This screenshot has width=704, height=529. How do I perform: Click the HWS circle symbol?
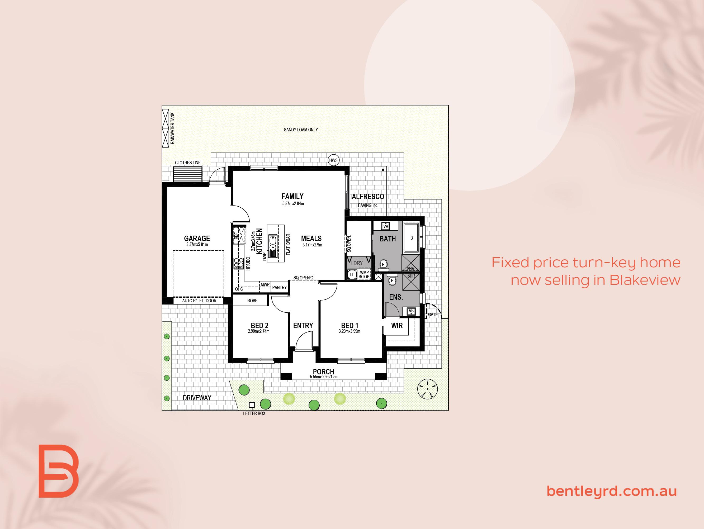point(333,160)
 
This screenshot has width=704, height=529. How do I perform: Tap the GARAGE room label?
point(197,238)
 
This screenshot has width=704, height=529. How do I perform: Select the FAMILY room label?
point(292,196)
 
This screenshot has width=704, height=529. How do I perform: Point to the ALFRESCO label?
point(368,197)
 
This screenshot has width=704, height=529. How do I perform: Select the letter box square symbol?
point(252,405)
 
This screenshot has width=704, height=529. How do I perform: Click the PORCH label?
point(323,371)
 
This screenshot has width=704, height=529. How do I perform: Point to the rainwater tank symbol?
point(166,128)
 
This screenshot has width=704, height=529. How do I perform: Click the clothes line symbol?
point(188,174)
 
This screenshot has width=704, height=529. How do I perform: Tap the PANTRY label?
point(280,288)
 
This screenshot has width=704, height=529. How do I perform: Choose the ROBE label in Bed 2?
point(252,301)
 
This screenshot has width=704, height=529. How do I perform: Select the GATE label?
point(433,314)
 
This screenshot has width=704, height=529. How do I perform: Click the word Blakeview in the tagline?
point(645,280)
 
